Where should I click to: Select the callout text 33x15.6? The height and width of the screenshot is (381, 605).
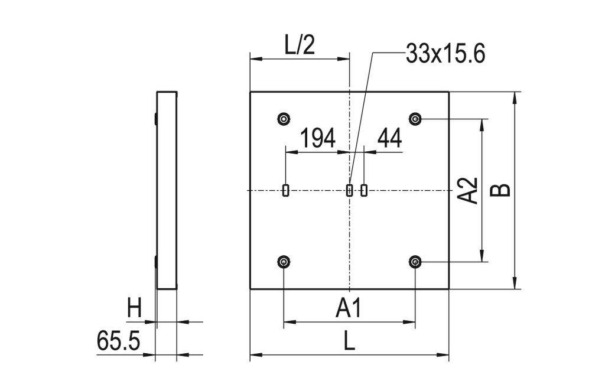click(x=445, y=54)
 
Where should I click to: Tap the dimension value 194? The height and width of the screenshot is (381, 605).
click(x=318, y=139)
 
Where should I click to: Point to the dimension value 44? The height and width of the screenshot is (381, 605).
click(x=389, y=139)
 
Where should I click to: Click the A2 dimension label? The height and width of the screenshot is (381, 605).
click(x=468, y=190)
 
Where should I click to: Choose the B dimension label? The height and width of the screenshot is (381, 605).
click(x=501, y=190)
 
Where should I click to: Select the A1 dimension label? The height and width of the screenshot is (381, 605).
click(x=349, y=308)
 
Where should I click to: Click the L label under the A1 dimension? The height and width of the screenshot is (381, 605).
click(x=349, y=341)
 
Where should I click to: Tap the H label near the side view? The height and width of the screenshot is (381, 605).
click(x=135, y=308)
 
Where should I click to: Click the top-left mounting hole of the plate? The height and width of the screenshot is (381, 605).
click(x=285, y=119)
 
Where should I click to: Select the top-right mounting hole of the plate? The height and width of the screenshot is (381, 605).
click(x=416, y=119)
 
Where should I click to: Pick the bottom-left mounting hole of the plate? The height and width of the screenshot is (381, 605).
click(x=285, y=262)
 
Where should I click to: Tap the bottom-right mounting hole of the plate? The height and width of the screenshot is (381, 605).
click(x=416, y=262)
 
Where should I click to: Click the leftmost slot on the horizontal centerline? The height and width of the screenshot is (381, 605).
click(x=286, y=190)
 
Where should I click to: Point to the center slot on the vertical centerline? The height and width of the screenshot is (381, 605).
click(x=349, y=190)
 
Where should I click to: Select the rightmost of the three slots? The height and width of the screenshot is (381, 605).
click(x=364, y=190)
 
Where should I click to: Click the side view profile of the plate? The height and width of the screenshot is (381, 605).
click(x=167, y=190)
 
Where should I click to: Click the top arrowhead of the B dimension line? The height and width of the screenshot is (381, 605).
click(x=516, y=96)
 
